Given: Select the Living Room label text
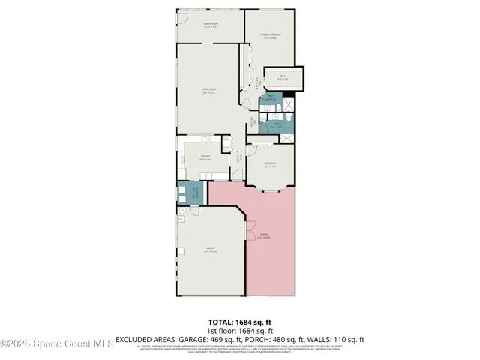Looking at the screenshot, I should tap(209, 91).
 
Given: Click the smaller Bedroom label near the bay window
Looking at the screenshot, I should tap(271, 166).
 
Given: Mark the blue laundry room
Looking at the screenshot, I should tap(192, 193).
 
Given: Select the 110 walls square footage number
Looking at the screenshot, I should tap(342, 339).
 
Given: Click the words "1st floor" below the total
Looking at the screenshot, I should tap(218, 330).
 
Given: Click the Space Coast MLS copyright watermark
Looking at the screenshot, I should tap(57, 344).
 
